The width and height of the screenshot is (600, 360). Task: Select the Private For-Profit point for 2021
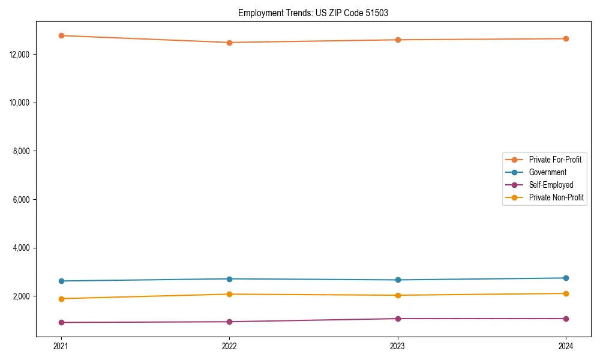coord(61,35)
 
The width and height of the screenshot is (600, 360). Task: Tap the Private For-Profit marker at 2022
coord(229,43)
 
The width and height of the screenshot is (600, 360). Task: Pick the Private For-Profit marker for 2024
coord(566,38)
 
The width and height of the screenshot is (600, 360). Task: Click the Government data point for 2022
coord(229,279)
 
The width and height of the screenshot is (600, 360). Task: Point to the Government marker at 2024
coord(566,278)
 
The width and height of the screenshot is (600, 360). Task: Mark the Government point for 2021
coord(61,281)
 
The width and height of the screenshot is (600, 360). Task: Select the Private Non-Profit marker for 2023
coord(398,295)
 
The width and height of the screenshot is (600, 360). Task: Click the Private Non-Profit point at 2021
coord(61,299)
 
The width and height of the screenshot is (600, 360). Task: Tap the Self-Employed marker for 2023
coord(398,319)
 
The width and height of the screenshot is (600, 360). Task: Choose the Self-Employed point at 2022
coord(229,322)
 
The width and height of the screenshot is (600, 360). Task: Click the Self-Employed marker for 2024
coord(566,319)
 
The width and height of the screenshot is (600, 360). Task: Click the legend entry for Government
coord(547,172)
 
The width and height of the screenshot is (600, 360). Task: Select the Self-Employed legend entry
coord(551,185)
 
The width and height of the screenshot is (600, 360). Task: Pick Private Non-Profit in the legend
coord(556,197)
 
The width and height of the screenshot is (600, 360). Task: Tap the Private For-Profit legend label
coord(555,160)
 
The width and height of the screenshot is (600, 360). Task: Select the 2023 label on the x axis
coord(398,346)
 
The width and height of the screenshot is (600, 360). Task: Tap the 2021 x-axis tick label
coord(61,346)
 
